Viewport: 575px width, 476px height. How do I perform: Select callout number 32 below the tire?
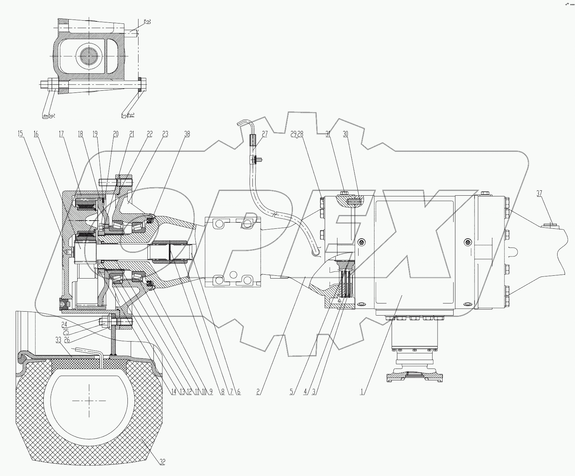coord(162,462)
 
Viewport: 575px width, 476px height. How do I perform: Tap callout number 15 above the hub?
coord(20,134)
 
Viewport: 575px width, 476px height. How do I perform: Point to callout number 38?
coord(187,134)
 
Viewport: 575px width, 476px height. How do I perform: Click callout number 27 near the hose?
coord(265,134)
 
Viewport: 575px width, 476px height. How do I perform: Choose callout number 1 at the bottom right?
coord(362,392)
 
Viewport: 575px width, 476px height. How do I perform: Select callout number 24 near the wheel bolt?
coord(64,324)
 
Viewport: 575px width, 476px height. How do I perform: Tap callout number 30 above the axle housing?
coord(345,134)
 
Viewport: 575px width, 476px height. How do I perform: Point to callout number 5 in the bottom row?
coord(292,392)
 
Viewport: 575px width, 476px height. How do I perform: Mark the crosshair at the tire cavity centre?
coord(89,401)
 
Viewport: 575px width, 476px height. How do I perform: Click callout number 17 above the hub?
coord(62,134)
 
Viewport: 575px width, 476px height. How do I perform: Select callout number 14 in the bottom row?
coord(173,392)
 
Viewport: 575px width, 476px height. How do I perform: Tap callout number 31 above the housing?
coord(327,134)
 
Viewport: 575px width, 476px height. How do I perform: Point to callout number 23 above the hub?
coord(166,134)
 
